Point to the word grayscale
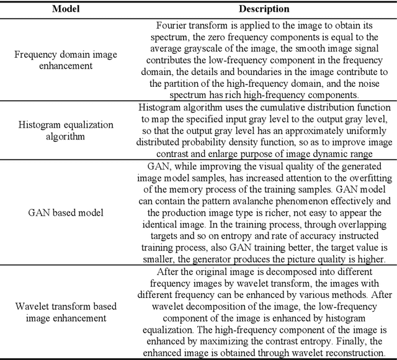(x=214, y=48)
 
